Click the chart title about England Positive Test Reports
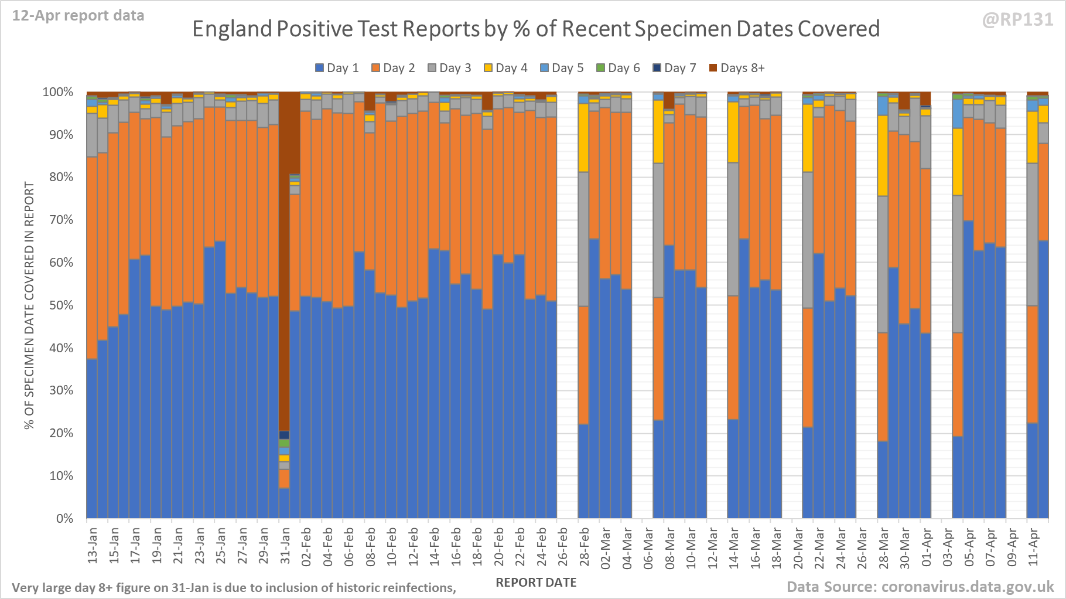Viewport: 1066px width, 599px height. tap(535, 29)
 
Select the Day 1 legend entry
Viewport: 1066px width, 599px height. tap(337, 68)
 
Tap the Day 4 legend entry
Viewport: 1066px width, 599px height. tap(505, 68)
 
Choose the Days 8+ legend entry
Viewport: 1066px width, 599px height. tap(737, 68)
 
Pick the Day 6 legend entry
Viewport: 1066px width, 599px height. tap(618, 68)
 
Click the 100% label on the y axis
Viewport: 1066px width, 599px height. tap(58, 92)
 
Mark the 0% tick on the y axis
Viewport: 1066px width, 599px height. tap(64, 519)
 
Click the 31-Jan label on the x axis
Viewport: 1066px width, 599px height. tap(285, 546)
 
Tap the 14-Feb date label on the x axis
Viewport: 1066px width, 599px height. tap(435, 546)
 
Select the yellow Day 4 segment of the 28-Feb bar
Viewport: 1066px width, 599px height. tap(583, 138)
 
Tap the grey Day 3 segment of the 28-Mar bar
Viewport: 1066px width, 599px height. tap(883, 264)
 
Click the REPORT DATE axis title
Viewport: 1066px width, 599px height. tap(536, 583)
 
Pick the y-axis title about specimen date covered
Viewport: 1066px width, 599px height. tap(29, 305)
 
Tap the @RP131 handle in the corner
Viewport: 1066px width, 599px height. tap(1017, 20)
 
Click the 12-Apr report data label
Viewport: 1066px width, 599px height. tap(78, 16)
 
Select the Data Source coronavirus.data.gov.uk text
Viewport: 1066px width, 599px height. tap(920, 587)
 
